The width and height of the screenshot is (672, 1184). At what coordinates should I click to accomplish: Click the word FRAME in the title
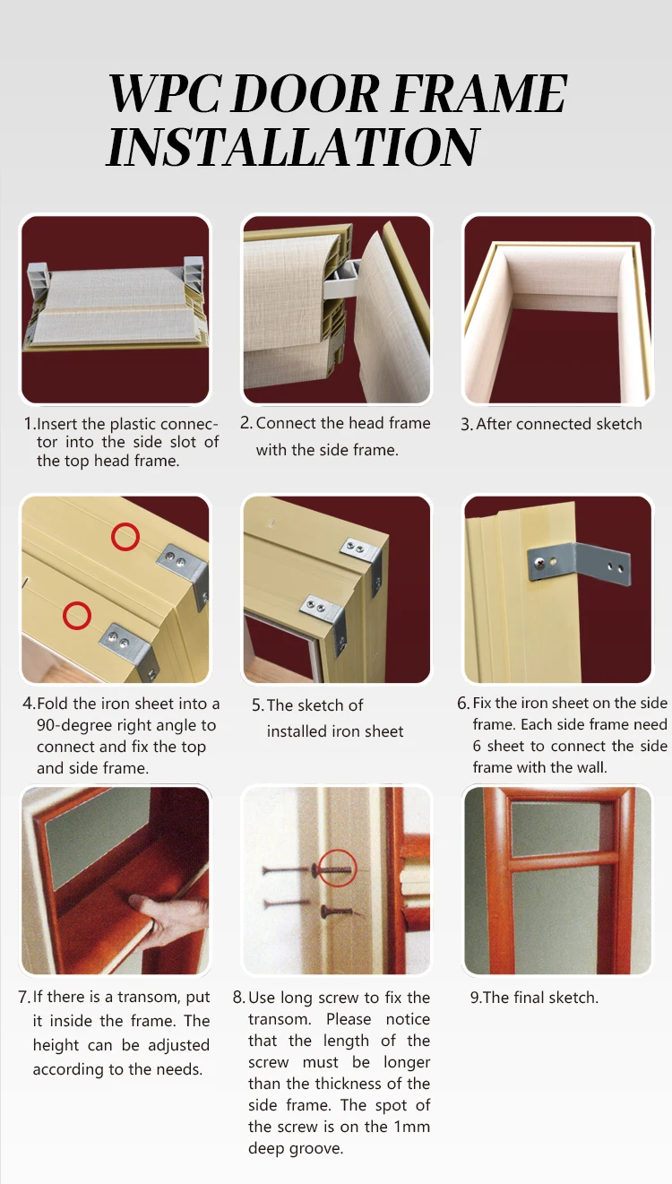(478, 94)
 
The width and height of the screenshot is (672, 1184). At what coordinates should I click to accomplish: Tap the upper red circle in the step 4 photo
(125, 538)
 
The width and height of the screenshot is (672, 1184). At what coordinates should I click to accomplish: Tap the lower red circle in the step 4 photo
(76, 616)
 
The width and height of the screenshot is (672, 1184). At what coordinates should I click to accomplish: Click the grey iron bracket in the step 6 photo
(579, 564)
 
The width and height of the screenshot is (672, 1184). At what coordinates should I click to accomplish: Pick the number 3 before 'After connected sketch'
(465, 425)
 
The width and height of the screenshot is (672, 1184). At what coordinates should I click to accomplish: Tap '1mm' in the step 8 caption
(411, 1127)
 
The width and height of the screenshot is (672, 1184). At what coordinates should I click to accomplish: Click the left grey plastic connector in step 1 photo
(38, 281)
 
